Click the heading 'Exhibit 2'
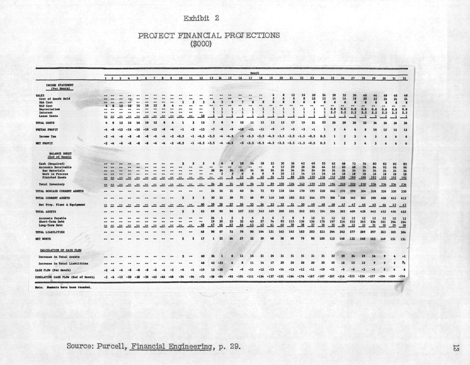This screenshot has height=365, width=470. pos(201,18)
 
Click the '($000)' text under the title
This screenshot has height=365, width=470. pos(201,44)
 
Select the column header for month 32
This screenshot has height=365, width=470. pos(404,78)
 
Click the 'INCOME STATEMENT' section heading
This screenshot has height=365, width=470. pos(60,84)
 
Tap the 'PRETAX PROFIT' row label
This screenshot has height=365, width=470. pos(48,130)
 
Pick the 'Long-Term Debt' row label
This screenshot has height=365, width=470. pos(52,225)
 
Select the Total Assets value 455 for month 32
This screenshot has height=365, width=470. pos(404,212)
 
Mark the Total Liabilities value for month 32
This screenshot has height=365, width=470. pos(404,232)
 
